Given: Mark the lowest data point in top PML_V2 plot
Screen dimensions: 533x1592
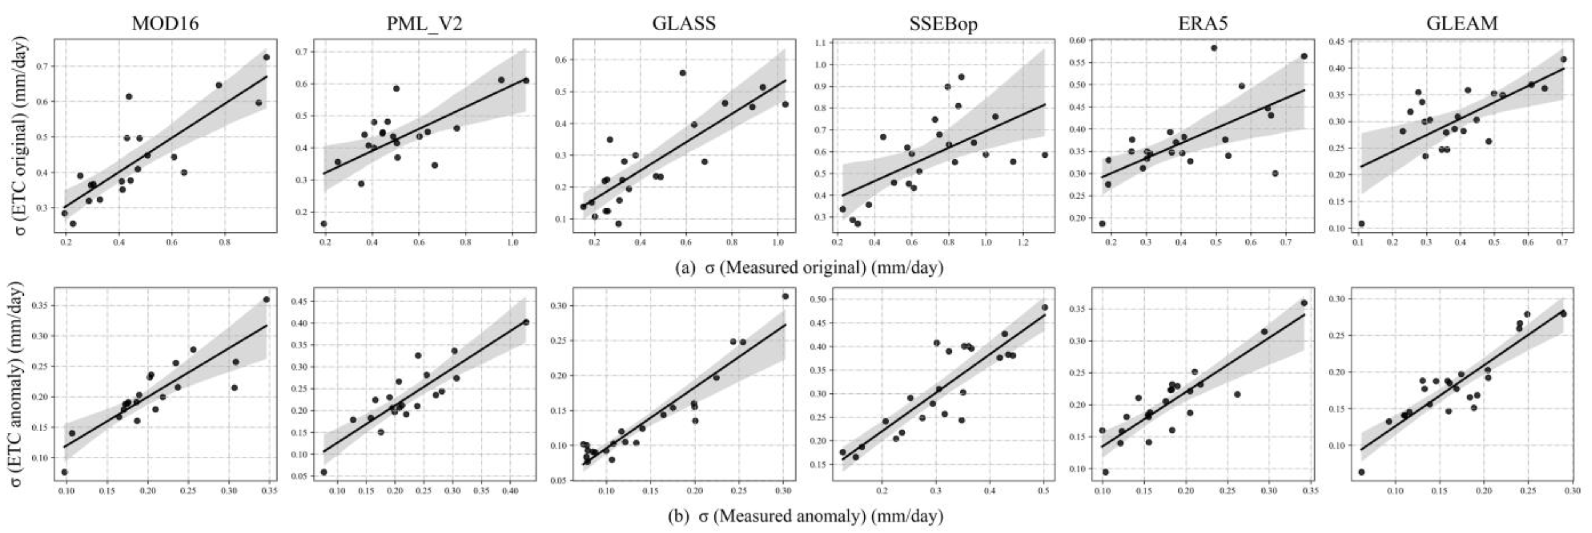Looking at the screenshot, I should [x=324, y=224].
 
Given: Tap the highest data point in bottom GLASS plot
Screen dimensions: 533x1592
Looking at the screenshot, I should [x=786, y=296].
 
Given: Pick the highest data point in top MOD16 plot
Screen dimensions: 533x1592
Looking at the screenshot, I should [x=267, y=57].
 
